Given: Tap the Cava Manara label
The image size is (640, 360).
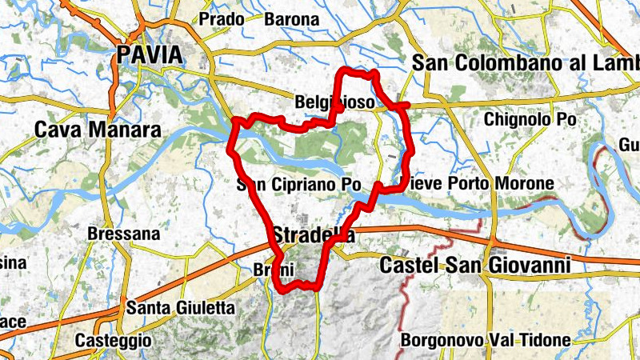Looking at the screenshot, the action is tap(98, 130).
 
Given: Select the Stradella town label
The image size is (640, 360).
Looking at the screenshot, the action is tap(313, 235).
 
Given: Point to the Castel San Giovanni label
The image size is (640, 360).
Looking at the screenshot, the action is tap(475, 264).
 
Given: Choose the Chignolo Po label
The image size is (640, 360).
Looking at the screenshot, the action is tap(530, 119).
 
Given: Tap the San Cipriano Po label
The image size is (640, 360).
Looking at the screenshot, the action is tap(300, 185).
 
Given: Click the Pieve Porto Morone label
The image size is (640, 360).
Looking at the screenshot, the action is tap(478, 184).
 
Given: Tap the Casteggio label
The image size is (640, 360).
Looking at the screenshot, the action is tap(113, 340).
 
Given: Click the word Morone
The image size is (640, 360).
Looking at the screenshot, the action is tap(524, 184).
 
